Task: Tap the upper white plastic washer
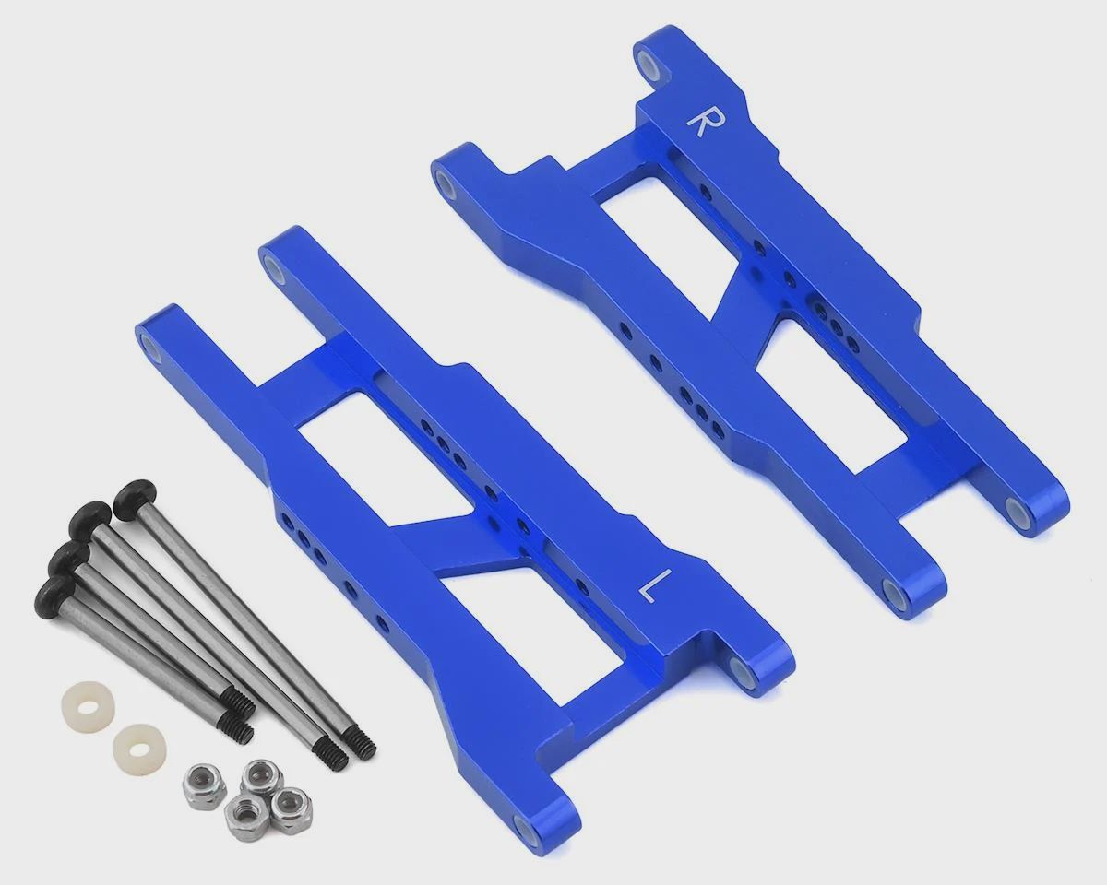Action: (x=88, y=702)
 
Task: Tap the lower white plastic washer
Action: (x=139, y=745)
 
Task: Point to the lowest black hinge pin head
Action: (x=56, y=589)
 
